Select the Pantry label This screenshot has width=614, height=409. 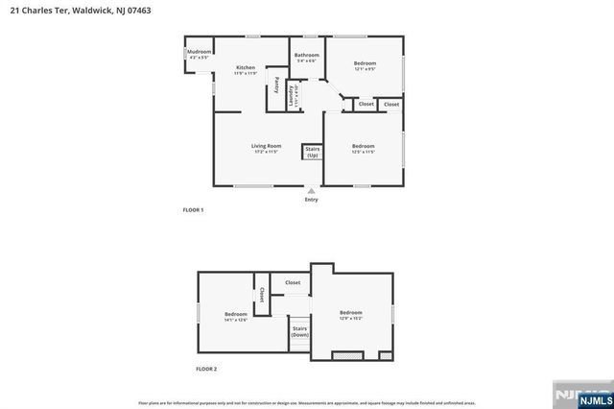tap(277, 84)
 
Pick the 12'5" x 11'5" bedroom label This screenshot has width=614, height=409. tap(363, 149)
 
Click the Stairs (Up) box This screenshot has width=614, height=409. tap(312, 152)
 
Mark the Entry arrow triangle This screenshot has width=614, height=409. tap(311, 190)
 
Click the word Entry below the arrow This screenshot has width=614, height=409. tap(311, 200)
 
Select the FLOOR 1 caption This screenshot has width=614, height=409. tap(193, 209)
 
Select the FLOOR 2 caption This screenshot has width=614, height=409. tap(206, 369)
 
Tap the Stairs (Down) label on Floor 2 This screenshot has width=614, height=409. tap(299, 332)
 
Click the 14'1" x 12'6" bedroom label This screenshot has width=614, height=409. tap(236, 317)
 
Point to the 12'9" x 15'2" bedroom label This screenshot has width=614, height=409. tap(350, 315)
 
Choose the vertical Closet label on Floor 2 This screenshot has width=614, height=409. tap(262, 294)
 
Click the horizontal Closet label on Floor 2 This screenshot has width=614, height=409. tap(293, 282)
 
